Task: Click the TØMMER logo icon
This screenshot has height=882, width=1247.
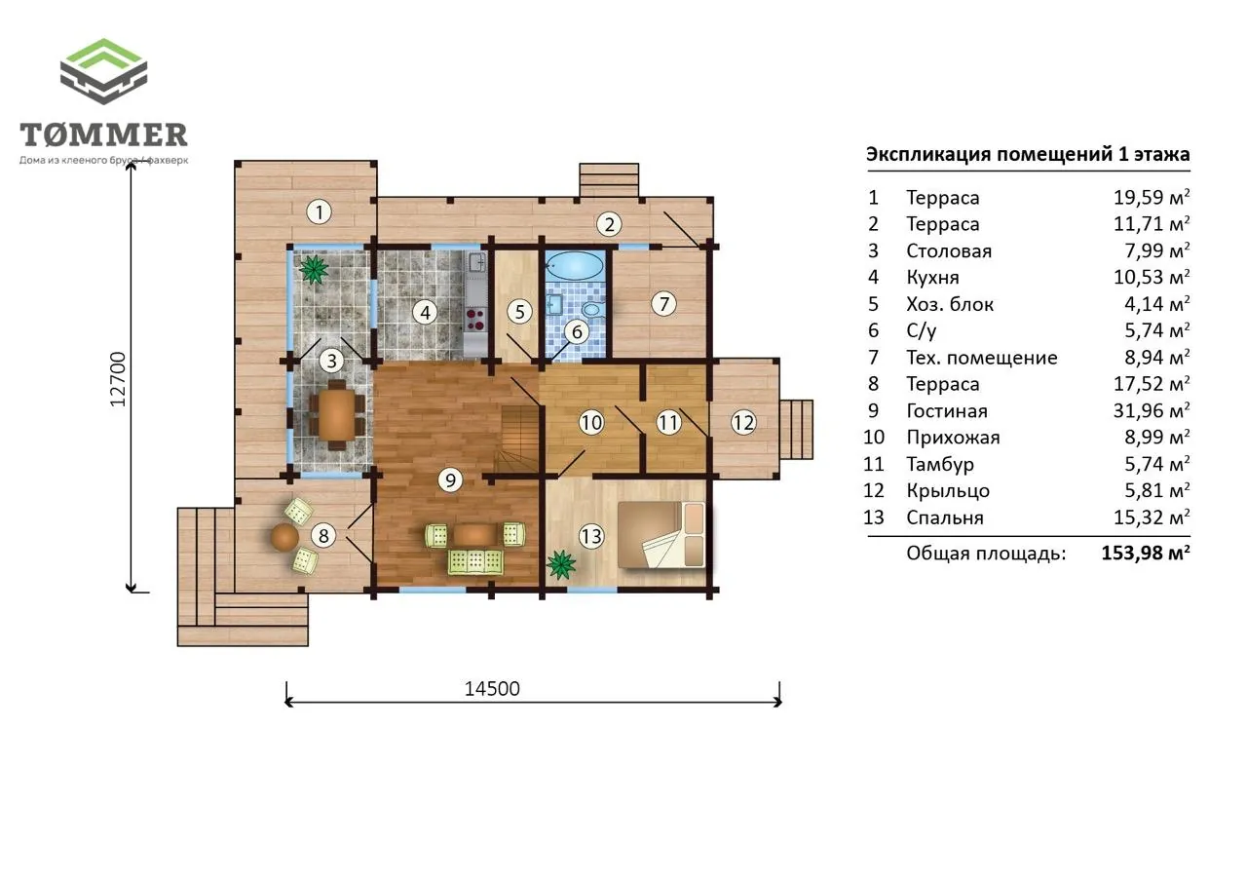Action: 103,71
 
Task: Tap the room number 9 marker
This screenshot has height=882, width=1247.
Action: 450,479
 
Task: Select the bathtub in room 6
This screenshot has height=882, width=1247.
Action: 575,266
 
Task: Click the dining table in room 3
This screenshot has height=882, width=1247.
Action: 336,414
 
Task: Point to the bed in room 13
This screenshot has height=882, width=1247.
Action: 661,534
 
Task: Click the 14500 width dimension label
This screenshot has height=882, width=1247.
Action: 492,689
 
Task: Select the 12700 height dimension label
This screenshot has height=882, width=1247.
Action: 118,379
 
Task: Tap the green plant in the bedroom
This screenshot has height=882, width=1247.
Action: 560,564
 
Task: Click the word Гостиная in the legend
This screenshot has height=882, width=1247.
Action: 947,411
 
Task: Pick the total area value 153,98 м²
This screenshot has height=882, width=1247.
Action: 1146,553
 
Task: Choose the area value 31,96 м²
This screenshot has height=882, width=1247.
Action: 1152,410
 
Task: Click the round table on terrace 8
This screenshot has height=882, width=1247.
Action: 284,537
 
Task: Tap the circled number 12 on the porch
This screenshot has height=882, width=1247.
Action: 743,423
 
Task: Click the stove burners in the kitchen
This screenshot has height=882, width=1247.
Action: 474,320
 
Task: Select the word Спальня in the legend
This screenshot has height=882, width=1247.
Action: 945,518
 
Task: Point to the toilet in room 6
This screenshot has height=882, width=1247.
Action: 593,309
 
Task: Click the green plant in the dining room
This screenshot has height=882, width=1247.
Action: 314,269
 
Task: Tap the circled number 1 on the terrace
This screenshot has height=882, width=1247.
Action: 319,211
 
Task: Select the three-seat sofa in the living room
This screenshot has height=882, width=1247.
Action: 475,561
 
